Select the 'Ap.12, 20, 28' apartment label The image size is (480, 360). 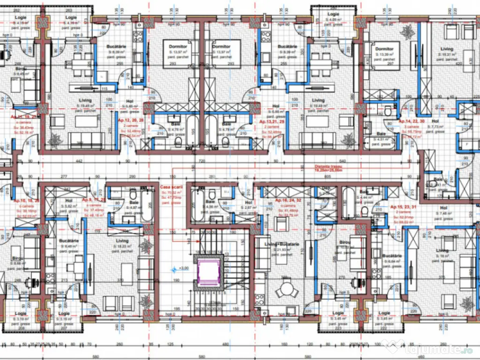(128, 120)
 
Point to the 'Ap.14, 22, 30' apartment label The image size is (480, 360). (412, 120)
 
